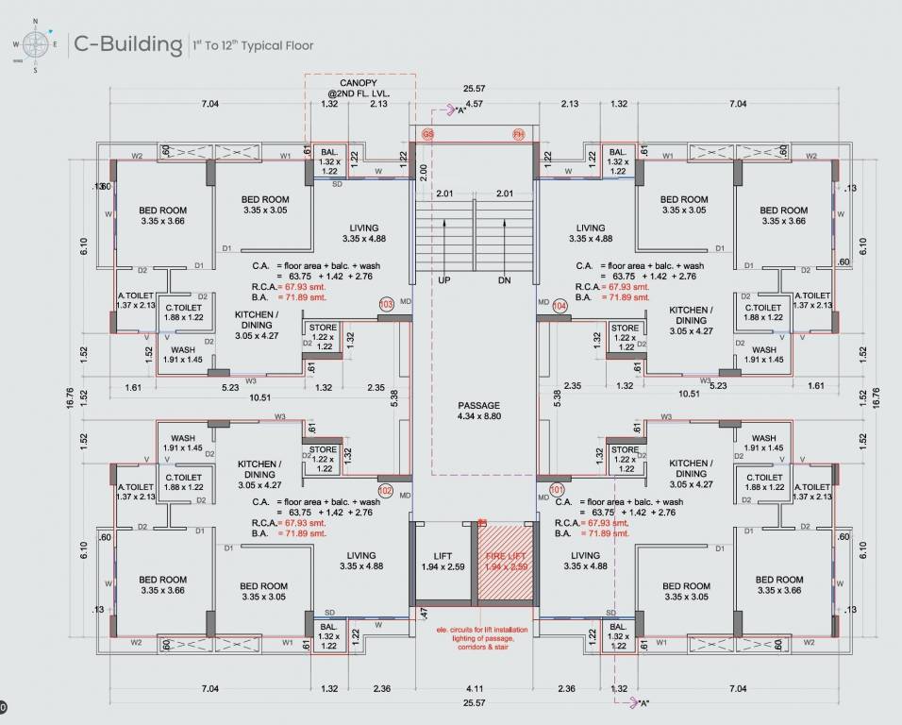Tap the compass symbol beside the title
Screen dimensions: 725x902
pos(36,43)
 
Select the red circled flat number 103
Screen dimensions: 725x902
pos(386,304)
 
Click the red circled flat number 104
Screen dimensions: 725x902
pos(560,306)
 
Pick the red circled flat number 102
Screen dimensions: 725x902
pos(385,491)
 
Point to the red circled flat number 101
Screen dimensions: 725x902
pos(557,490)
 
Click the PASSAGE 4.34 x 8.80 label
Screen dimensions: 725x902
pos(477,411)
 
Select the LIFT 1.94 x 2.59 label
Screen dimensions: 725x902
pos(443,561)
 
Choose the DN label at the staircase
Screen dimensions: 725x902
pos(503,280)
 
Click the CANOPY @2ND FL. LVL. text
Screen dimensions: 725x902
pos(358,89)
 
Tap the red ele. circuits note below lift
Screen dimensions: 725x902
pos(489,638)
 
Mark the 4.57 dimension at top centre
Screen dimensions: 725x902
pos(474,104)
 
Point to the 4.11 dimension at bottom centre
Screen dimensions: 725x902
pos(476,689)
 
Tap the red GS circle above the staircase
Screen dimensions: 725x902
pos(428,135)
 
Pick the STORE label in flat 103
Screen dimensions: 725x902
pos(323,329)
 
